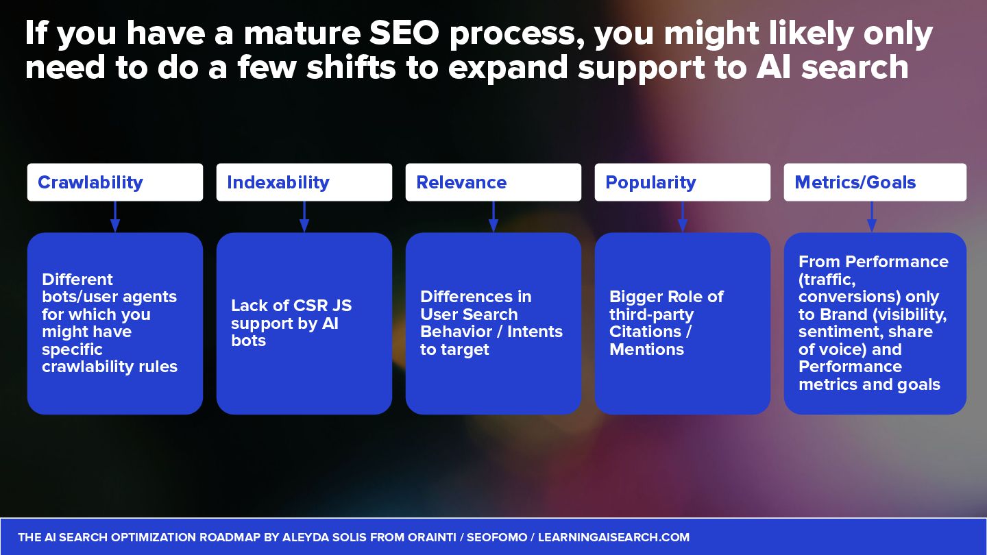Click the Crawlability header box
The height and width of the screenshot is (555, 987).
tap(114, 182)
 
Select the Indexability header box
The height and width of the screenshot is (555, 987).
tap(304, 182)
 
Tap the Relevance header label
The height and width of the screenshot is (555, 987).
tap(461, 182)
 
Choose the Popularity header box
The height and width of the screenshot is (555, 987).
tap(682, 182)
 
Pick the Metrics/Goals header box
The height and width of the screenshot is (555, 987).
tap(875, 182)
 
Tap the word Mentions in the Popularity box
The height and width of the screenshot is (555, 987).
tap(646, 349)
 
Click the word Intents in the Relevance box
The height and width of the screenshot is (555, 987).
tap(534, 332)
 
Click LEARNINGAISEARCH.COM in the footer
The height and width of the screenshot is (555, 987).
tap(613, 537)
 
